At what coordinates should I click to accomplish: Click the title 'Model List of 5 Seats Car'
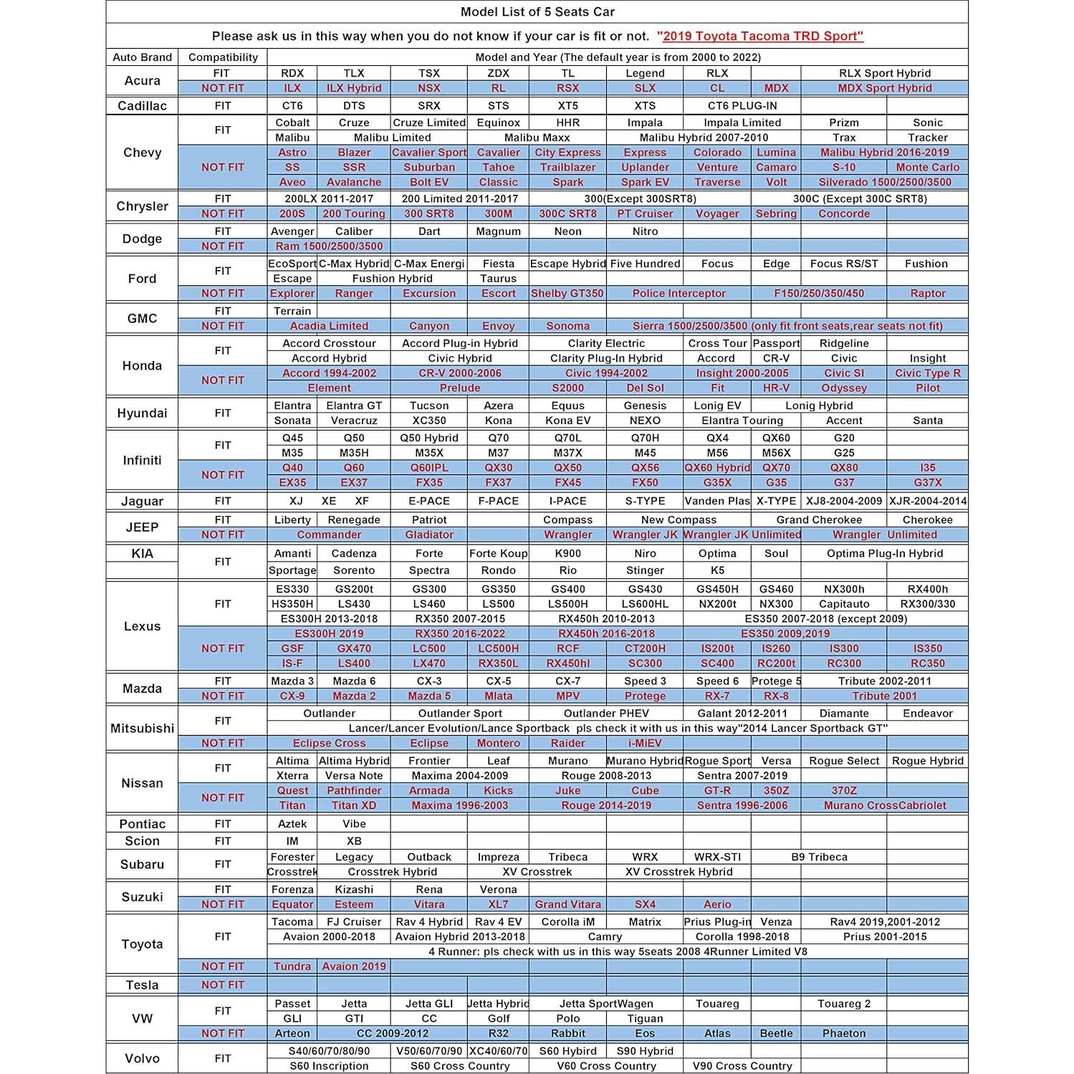(x=537, y=12)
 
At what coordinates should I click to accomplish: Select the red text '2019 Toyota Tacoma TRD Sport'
(x=759, y=37)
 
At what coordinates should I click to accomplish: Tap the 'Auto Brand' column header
(x=142, y=57)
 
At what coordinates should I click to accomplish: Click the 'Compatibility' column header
(x=223, y=57)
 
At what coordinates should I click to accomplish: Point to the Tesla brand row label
(x=142, y=985)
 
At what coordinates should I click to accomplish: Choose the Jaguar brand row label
(x=142, y=502)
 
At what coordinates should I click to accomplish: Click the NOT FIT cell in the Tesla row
(x=223, y=985)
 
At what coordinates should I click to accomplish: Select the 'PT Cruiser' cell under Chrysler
(x=645, y=214)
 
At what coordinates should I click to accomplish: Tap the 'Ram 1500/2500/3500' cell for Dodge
(x=329, y=246)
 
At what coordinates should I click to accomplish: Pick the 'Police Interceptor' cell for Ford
(x=679, y=294)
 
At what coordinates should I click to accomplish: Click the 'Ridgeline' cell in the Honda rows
(x=844, y=343)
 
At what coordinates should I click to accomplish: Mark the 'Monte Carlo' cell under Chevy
(x=927, y=168)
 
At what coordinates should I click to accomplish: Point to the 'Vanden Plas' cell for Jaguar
(x=717, y=502)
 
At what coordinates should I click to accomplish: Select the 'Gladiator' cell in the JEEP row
(x=429, y=534)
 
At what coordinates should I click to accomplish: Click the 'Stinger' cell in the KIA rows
(x=645, y=570)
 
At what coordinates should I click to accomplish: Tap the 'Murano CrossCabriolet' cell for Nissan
(x=885, y=805)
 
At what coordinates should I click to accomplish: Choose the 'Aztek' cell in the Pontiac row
(x=292, y=824)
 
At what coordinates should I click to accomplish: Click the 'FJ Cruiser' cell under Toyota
(x=354, y=922)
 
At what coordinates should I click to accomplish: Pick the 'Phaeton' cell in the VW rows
(x=844, y=1033)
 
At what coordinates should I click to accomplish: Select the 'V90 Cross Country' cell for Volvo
(x=742, y=1066)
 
